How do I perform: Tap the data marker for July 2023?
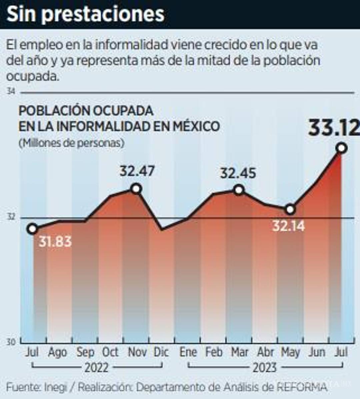[342, 148]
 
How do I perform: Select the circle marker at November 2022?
[136, 189]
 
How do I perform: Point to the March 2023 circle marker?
[239, 190]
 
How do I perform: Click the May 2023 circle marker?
[290, 209]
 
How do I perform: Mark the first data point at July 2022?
[32, 229]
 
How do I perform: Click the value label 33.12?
[334, 128]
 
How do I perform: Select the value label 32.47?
[137, 171]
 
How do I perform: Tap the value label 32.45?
[238, 173]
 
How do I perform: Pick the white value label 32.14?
[288, 226]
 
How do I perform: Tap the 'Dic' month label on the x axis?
[161, 352]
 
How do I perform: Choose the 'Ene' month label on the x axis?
[188, 352]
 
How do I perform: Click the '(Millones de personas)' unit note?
[71, 143]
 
